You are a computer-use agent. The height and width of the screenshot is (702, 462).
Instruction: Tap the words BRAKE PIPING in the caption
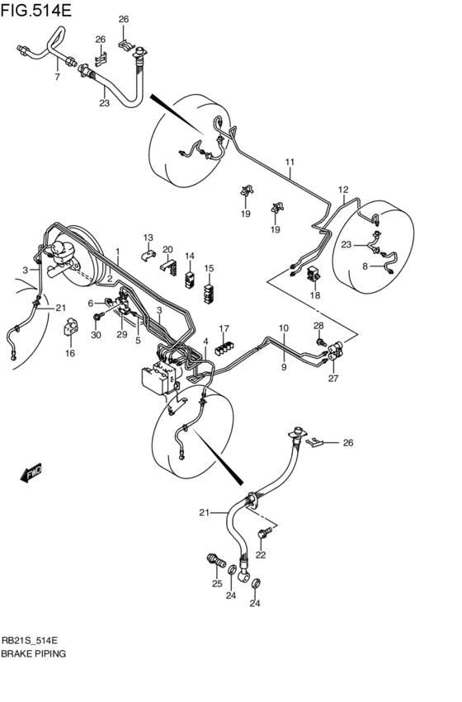[35, 653]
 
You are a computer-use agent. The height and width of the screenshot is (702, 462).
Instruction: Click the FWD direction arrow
[31, 473]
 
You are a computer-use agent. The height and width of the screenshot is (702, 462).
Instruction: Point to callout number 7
[57, 78]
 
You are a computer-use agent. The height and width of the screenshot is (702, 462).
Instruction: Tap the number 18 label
[314, 294]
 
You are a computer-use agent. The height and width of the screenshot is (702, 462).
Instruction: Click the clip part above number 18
[314, 275]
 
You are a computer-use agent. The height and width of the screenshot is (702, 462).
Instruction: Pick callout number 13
[148, 238]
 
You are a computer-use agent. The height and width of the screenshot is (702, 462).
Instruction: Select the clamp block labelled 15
[210, 288]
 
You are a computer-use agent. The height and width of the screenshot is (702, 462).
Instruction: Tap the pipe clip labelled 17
[223, 347]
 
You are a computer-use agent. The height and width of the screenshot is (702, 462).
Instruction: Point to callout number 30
[97, 335]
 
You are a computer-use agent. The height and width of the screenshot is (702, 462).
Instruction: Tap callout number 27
[333, 379]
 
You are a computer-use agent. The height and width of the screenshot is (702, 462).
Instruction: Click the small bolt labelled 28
[319, 342]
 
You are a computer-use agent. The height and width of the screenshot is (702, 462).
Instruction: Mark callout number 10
[283, 327]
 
